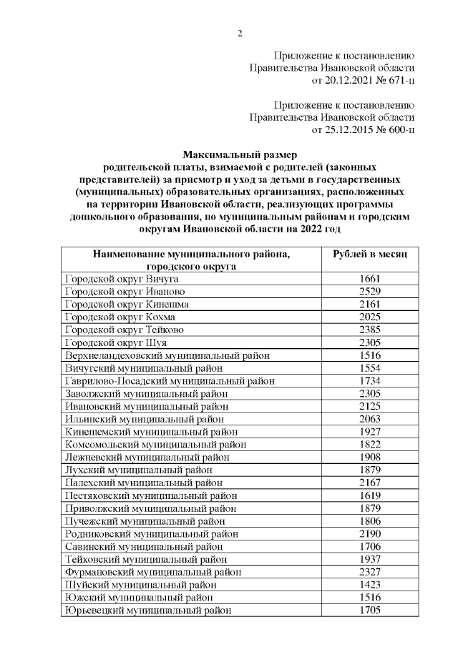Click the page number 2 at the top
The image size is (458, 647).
(x=240, y=34)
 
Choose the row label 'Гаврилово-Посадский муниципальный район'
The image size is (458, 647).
(x=170, y=380)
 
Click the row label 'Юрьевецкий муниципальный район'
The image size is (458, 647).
(x=148, y=610)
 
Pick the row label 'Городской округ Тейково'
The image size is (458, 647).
(x=124, y=330)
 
